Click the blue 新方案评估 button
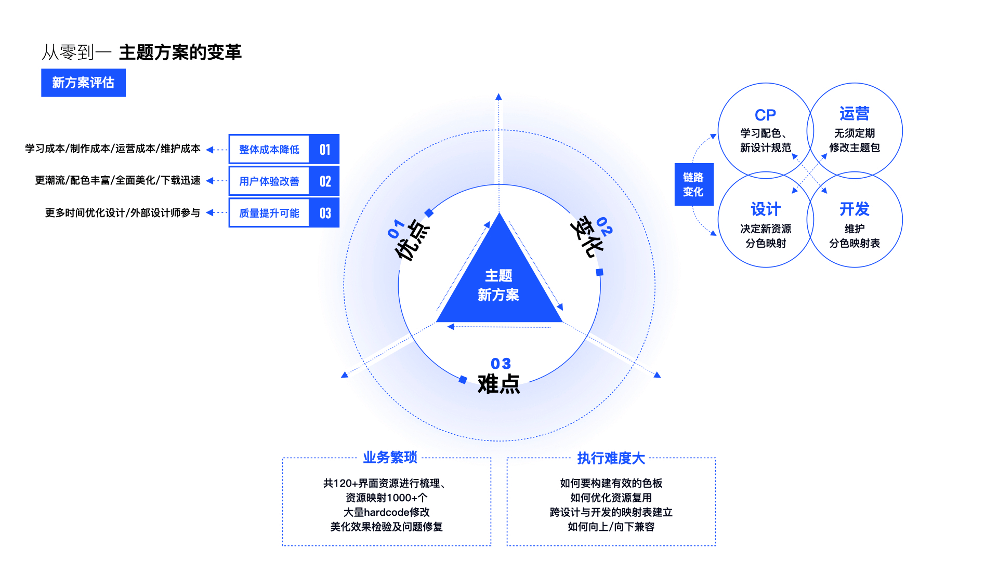[83, 83]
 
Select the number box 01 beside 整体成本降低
[324, 150]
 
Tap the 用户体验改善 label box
[269, 181]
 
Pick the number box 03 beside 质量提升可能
[324, 213]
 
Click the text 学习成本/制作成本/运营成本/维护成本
[113, 149]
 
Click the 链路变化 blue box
[693, 184]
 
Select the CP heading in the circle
[765, 115]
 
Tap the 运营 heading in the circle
[854, 114]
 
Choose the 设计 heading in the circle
[765, 209]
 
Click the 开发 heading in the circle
[854, 209]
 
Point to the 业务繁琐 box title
[390, 458]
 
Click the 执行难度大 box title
[611, 458]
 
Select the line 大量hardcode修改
[386, 512]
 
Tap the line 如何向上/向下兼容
[611, 527]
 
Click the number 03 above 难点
[501, 364]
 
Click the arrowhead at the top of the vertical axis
[498, 97]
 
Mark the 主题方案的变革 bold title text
[180, 52]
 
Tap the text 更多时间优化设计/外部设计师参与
[123, 213]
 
